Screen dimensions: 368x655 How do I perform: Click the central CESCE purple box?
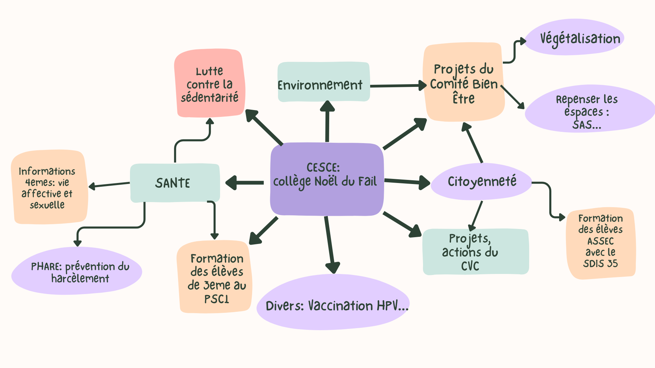tap(326, 198)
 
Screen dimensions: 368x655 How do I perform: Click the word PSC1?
tap(217, 299)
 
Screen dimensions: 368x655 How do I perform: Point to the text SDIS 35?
tap(600, 263)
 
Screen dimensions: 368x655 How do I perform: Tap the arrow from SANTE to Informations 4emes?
tap(109, 185)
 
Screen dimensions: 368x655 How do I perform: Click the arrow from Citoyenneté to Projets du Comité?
tap(474, 143)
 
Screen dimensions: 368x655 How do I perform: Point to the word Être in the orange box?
tap(463, 98)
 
